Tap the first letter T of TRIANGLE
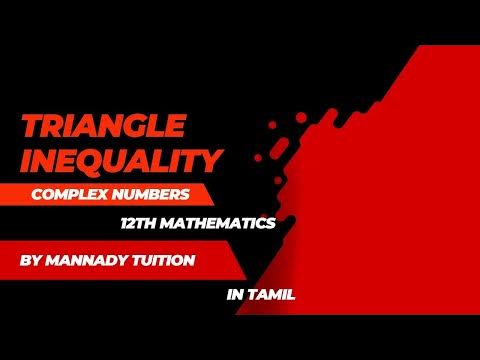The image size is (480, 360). (x=31, y=127)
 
